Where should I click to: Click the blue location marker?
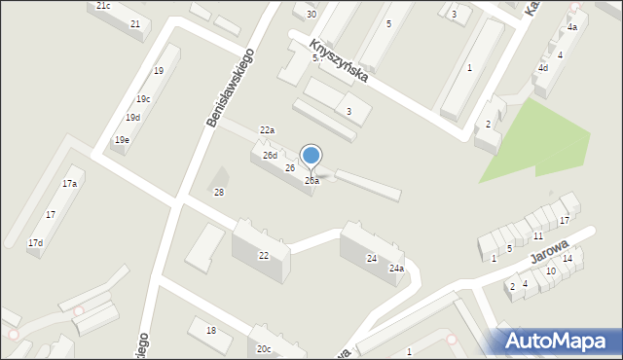311,156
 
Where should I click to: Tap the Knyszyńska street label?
338,59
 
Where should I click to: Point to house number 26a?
311,181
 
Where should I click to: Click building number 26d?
270,156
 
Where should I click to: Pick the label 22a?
267,130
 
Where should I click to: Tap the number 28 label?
219,193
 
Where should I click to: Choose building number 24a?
396,269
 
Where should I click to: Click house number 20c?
264,349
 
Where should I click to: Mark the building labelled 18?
211,331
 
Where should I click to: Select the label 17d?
35,242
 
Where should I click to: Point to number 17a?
69,183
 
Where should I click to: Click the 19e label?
122,140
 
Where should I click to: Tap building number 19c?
143,99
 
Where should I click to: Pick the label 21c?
103,6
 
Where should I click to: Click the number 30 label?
311,15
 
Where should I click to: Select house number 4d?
543,68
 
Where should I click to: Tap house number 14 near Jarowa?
567,259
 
